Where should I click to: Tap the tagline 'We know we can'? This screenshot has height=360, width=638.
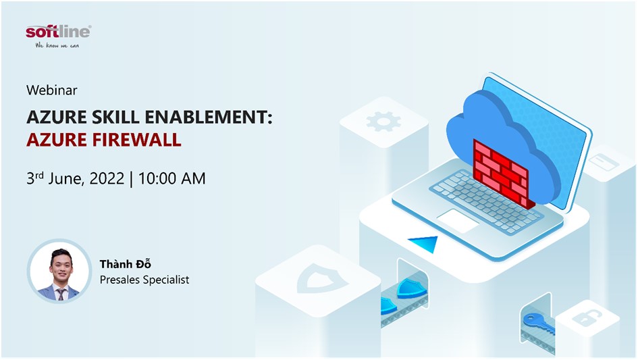click(x=57, y=46)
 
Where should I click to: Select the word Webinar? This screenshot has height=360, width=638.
click(x=52, y=90)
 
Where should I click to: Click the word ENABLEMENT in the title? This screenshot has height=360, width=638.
click(x=208, y=118)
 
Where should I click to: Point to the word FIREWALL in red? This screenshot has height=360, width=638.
click(x=138, y=140)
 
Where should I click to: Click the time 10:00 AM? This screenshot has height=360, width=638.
click(x=171, y=178)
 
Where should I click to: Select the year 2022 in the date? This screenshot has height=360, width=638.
click(x=107, y=178)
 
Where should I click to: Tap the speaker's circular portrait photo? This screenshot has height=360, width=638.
click(x=60, y=271)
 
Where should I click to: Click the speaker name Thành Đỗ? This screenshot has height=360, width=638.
click(x=126, y=264)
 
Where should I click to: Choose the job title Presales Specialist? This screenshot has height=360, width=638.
click(x=144, y=280)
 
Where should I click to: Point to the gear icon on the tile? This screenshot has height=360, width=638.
click(x=383, y=122)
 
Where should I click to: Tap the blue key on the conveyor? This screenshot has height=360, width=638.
click(x=538, y=323)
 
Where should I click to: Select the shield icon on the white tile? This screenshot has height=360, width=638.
click(x=322, y=278)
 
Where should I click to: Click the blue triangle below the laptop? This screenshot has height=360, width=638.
click(x=424, y=244)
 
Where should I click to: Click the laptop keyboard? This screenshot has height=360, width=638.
click(x=483, y=201)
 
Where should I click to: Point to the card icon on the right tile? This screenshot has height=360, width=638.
click(x=604, y=162)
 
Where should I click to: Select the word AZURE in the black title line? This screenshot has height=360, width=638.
click(x=57, y=118)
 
